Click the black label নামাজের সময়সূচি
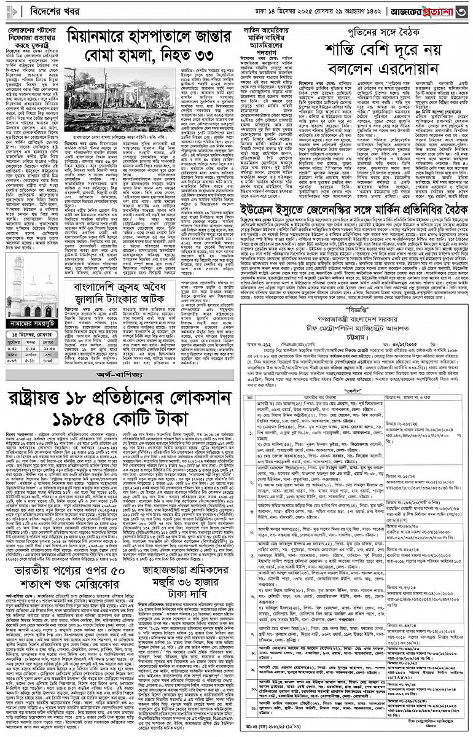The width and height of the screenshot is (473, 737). point(33,323)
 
